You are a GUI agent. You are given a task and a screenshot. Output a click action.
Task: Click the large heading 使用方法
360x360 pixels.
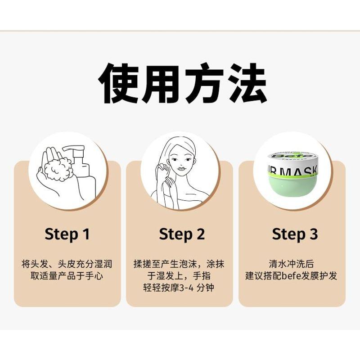[x=183, y=83]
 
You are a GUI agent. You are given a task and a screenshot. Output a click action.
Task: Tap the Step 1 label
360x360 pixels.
[x=67, y=234]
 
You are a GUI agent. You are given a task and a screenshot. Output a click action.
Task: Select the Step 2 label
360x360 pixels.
[x=182, y=234]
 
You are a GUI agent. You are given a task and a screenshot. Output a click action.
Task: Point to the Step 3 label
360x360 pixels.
[x=295, y=234]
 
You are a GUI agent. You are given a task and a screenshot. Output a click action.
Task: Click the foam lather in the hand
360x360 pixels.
[x=59, y=168]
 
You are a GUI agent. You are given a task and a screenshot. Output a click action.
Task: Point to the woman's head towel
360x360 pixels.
[x=184, y=144]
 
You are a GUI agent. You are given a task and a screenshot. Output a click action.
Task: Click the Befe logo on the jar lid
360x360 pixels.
[x=292, y=157]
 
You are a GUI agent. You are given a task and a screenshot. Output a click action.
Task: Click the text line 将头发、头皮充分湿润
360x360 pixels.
[x=67, y=264]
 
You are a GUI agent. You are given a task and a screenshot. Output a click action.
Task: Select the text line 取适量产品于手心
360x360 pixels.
[x=67, y=276]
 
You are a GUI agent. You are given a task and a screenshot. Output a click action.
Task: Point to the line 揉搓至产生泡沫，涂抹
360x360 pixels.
[x=179, y=264]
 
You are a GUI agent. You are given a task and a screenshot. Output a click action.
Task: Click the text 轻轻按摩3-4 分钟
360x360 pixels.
[x=178, y=288]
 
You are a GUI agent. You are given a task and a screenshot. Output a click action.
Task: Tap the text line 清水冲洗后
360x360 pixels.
[x=291, y=264]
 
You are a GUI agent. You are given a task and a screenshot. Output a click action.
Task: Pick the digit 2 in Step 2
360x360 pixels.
[x=200, y=234]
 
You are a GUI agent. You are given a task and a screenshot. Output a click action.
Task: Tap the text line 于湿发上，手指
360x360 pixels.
[x=179, y=276]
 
